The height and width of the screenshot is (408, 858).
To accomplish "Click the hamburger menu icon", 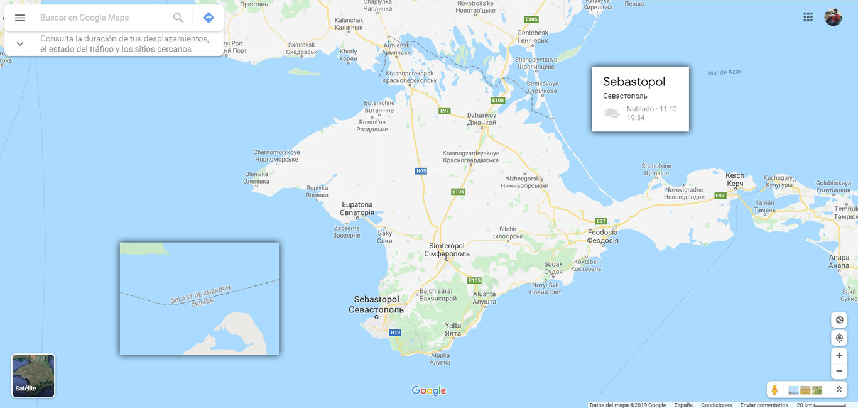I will tap(20, 18).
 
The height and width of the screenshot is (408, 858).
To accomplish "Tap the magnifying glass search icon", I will tap(178, 18).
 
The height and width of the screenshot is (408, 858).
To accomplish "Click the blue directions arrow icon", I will tap(209, 18).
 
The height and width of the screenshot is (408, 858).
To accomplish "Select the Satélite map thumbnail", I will tap(33, 375).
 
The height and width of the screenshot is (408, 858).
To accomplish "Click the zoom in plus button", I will tap(839, 355).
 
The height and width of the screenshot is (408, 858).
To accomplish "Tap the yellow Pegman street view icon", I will tap(774, 390).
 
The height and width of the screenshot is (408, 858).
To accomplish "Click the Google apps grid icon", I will tap(808, 17).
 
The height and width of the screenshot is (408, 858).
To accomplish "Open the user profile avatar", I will tap(834, 17).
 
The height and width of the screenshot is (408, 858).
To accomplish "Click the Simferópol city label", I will tap(447, 250).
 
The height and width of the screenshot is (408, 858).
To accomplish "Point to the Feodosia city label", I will tap(602, 236).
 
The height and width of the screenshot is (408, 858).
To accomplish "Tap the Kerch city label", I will tap(735, 179).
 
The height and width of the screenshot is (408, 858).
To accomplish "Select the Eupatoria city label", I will tap(357, 208).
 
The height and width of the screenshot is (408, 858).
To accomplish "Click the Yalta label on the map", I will tap(453, 329).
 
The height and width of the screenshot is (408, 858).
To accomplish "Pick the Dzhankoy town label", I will tap(482, 119).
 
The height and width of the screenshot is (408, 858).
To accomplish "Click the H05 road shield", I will tap(421, 171).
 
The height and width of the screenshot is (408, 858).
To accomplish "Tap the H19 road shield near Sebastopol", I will tap(394, 332).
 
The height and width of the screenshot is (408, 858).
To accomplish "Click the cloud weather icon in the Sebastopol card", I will tap(612, 113).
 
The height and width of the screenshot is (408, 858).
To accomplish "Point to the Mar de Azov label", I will tap(724, 72).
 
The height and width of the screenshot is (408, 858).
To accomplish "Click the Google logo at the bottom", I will tap(429, 390).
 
